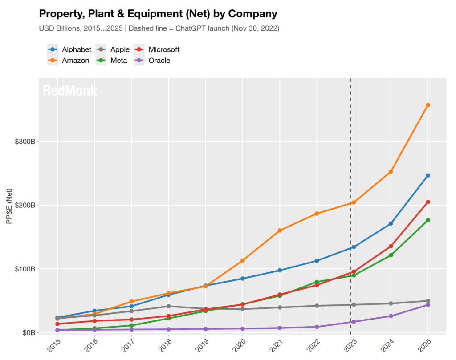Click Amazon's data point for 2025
(428, 105)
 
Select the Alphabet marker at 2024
(391, 223)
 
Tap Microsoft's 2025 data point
(428, 202)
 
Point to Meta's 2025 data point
(428, 220)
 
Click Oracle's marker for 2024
(391, 316)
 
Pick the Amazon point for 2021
(280, 231)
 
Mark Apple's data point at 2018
(168, 306)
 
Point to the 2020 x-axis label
(241, 345)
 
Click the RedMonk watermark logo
(70, 91)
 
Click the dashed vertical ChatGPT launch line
(350, 178)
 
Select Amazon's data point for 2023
(354, 202)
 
